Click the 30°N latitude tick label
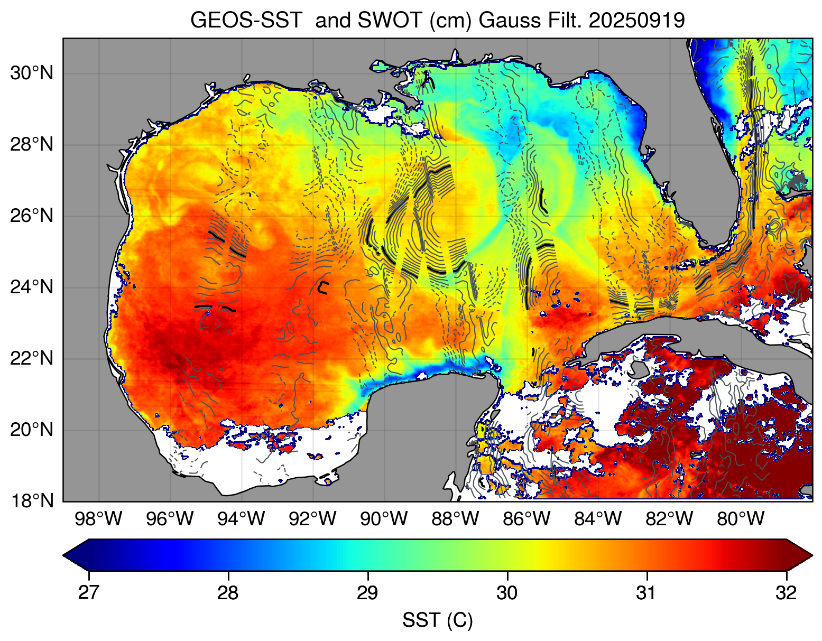pos(32,73)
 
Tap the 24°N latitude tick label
pos(32,287)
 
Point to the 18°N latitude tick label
pos(32,501)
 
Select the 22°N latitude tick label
pos(32,359)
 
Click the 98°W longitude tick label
pos(99,519)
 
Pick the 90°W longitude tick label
pos(384,519)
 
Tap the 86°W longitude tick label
pos(527,519)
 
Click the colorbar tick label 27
pos(88,593)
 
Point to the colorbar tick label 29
pos(367,593)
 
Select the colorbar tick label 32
pos(787,593)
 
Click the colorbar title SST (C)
pos(437,620)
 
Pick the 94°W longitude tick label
pos(241,519)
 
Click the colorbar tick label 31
pos(646,593)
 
